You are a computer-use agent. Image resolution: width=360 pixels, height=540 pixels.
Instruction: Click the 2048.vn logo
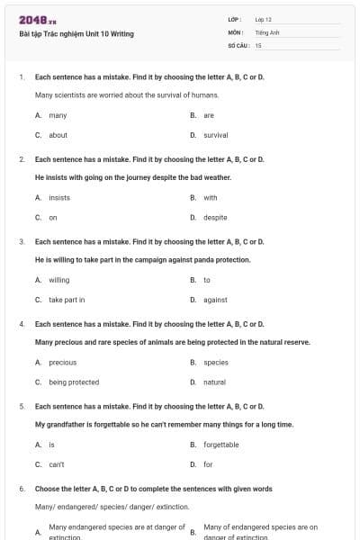coord(37,19)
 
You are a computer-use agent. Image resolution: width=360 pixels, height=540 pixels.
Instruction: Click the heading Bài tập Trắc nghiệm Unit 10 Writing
coord(76,34)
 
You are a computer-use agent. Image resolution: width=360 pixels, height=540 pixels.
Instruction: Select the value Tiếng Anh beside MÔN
coord(266,31)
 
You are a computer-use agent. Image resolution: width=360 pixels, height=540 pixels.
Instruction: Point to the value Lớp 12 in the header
coord(263,19)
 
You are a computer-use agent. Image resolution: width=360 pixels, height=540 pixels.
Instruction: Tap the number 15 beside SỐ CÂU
coord(258,44)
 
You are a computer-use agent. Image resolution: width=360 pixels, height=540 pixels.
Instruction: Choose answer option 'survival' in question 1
coord(215,135)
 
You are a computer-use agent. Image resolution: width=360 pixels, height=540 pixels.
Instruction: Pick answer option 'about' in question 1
coord(58,135)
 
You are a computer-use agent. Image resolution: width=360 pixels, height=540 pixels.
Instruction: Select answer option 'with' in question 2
coord(210,197)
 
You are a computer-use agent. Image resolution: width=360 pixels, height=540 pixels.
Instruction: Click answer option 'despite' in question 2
coord(215,217)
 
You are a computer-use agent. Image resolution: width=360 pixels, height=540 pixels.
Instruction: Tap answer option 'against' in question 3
coord(215,300)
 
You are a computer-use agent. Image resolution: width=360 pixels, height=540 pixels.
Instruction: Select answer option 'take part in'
coord(67,300)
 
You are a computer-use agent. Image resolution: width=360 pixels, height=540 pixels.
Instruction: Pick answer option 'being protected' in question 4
coord(74,382)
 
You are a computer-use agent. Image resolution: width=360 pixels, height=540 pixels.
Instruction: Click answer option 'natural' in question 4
coord(214,382)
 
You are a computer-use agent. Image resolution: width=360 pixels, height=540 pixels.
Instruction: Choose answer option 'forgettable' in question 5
coord(220,445)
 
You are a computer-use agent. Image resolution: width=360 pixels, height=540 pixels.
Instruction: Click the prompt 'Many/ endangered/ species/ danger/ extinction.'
coord(99,507)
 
